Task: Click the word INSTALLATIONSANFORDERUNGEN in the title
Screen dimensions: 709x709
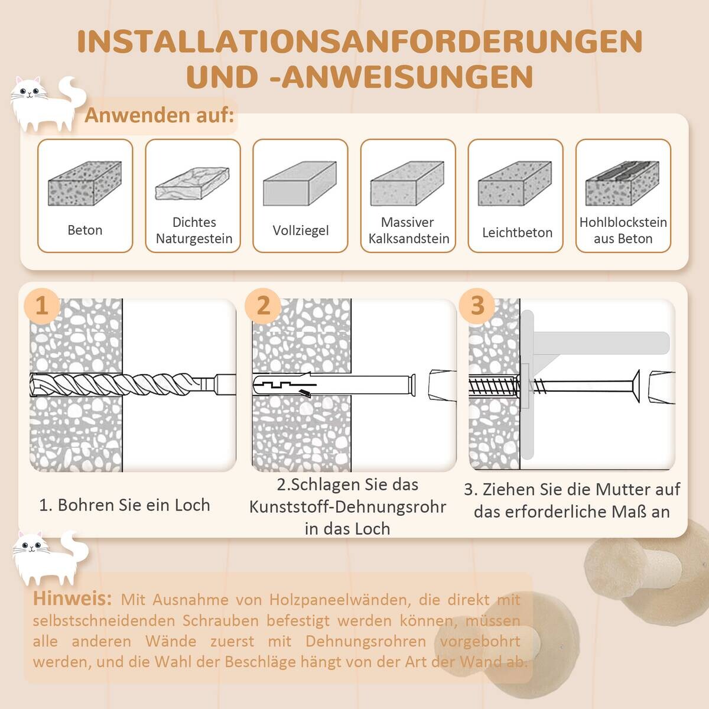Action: pos(359,41)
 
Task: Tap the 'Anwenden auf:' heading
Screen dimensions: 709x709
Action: pos(160,115)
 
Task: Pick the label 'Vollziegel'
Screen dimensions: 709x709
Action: pos(300,230)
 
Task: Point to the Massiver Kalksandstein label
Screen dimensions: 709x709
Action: pos(408,230)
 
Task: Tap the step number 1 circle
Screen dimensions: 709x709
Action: pos(42,306)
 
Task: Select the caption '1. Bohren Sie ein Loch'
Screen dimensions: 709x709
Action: pos(124,505)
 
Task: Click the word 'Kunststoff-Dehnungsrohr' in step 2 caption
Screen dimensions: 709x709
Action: pos(347,507)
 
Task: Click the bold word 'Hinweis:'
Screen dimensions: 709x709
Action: pos(72,599)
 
